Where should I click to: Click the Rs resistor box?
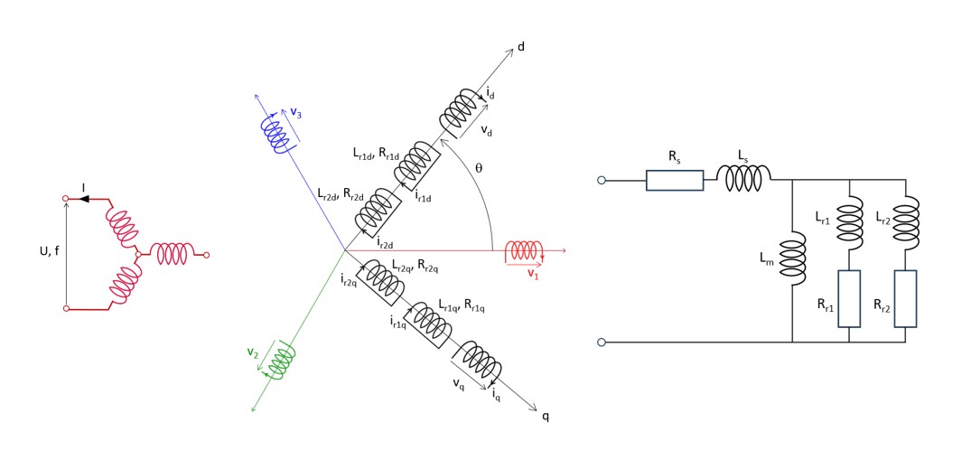675,180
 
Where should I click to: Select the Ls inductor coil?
744,178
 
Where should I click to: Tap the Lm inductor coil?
792,258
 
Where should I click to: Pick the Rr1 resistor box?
850,298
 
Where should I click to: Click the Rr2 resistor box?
905,298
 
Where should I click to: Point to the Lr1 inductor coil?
850,222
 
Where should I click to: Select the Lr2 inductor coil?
905,222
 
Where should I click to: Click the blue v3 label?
296,111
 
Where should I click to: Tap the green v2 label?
254,352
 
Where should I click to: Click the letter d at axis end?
521,47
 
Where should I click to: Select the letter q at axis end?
545,416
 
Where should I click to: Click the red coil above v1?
523,250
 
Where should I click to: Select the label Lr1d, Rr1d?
382,155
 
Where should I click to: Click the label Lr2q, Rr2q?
415,268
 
